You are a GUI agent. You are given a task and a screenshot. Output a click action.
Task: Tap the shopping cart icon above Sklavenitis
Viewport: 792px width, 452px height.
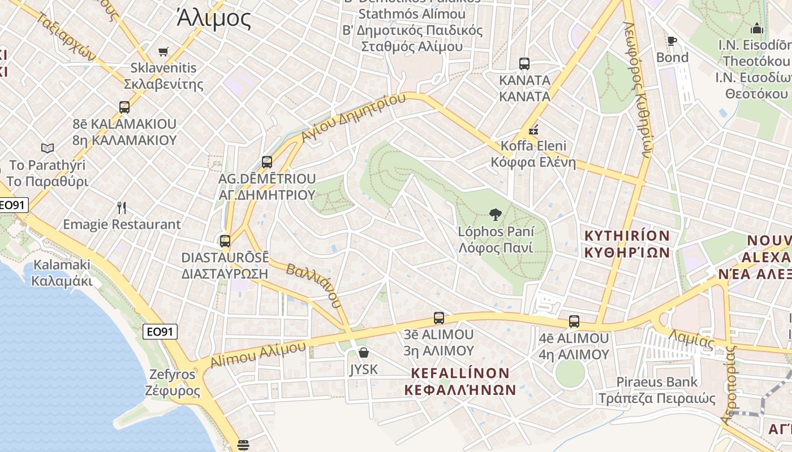pos(163,52)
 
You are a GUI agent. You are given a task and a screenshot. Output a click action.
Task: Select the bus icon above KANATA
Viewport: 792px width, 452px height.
pos(524,64)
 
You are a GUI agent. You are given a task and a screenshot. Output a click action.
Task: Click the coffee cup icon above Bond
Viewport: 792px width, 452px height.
pos(672,41)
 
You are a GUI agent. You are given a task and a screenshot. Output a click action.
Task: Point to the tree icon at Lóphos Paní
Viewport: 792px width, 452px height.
pos(496,215)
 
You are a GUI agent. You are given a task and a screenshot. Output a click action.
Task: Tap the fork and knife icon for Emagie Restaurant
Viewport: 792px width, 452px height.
pos(122,208)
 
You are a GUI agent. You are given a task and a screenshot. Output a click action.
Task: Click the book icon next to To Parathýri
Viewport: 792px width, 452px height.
pos(48,148)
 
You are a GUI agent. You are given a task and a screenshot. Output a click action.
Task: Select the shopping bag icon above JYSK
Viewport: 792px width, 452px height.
pos(364,353)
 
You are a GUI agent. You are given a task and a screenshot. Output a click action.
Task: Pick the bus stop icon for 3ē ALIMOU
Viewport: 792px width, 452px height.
pos(439,318)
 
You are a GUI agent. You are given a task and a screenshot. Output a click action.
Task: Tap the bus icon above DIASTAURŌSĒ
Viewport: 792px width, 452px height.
pos(225,241)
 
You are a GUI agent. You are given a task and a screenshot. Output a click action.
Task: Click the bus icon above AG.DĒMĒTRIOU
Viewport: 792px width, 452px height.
pos(267,162)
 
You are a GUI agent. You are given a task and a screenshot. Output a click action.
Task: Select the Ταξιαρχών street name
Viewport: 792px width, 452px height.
pos(67,37)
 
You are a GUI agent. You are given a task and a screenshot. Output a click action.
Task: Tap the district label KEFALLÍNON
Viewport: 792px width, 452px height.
pos(460,373)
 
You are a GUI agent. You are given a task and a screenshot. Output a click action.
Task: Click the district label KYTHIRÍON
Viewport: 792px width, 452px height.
pos(627,236)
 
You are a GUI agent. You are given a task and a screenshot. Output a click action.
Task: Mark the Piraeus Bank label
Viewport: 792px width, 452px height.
pos(657,382)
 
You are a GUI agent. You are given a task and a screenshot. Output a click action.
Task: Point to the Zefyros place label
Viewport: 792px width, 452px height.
pos(173,374)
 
